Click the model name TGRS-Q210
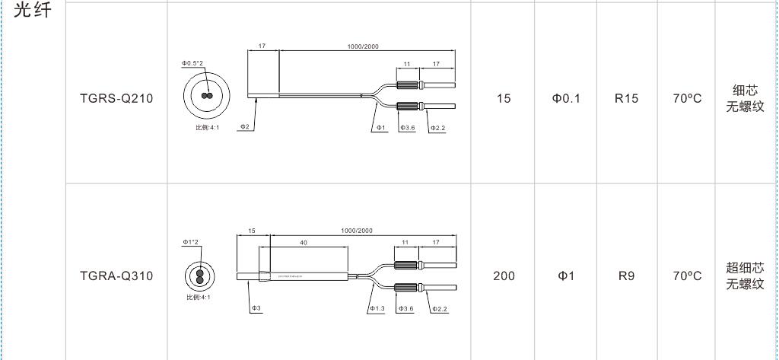116,98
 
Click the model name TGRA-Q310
116,276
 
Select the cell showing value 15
504,98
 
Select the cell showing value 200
504,276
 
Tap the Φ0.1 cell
566,98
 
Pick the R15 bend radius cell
626,98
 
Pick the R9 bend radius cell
626,276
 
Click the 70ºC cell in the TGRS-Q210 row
687,98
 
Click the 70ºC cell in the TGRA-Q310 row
687,276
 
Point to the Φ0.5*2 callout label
192,63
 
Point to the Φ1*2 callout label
190,242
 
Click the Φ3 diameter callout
256,308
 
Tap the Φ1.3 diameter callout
377,309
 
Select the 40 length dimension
303,243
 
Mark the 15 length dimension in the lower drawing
252,230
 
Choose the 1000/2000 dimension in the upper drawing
363,46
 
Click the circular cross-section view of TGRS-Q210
205,96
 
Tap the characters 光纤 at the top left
33,13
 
